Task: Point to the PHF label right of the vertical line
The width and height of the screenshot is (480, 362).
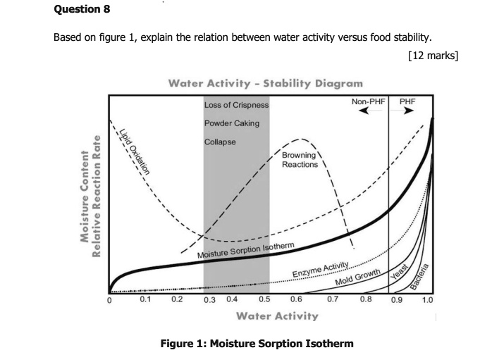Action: (408, 102)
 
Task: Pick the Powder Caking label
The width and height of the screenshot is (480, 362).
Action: (232, 123)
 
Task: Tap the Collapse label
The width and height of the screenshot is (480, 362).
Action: (220, 141)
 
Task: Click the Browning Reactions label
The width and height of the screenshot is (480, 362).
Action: (300, 160)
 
